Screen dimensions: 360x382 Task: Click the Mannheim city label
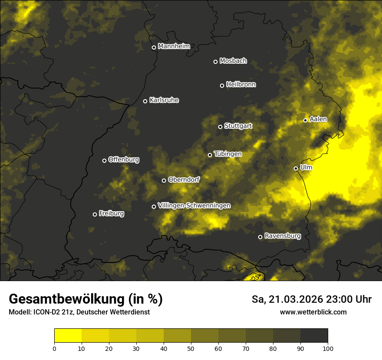point(174,46)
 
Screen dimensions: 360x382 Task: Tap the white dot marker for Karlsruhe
point(145,101)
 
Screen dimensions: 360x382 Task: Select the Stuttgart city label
point(238,126)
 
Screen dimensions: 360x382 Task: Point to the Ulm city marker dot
point(296,168)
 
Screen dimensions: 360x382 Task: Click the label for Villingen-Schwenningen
point(194,206)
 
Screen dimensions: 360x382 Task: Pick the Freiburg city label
point(111,213)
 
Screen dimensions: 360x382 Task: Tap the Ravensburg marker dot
point(260,237)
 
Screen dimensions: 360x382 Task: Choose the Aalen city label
point(318,119)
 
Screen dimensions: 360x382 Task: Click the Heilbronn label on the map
point(241,85)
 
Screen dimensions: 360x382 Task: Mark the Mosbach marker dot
point(215,62)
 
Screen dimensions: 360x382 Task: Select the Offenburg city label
point(124,160)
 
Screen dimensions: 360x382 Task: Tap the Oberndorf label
point(184,180)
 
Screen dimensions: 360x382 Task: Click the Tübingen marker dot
point(210,155)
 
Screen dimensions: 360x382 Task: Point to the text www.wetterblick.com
point(313,312)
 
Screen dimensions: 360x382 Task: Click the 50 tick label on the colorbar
point(191,348)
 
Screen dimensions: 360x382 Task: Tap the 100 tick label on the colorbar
point(327,348)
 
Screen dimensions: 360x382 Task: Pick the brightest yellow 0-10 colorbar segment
point(68,336)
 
